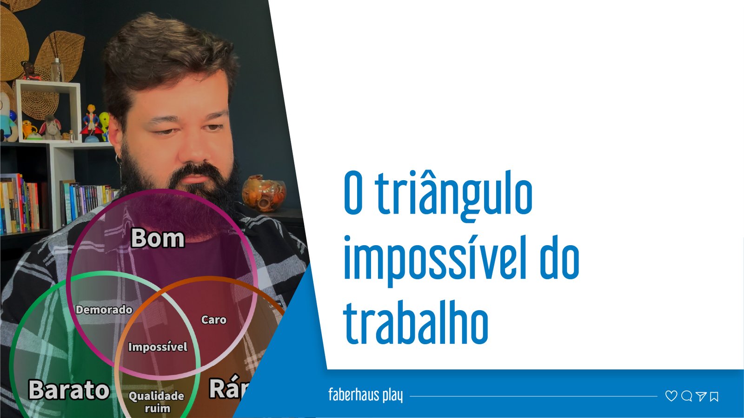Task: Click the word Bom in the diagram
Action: coord(158,238)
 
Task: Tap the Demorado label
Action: coord(104,310)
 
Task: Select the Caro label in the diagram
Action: coord(214,320)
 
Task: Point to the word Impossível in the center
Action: coord(158,347)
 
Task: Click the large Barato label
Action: coord(69,390)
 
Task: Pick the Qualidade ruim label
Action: coord(157,402)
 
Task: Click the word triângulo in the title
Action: coord(453,194)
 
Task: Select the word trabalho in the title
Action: coord(416,323)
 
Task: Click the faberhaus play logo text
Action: coord(365,395)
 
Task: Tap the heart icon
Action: coord(671,396)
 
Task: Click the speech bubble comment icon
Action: coord(686,396)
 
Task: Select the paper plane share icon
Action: coord(701,396)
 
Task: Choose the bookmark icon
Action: coord(714,396)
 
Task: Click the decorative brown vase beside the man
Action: coord(263,193)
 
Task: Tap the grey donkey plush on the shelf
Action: coord(51,128)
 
